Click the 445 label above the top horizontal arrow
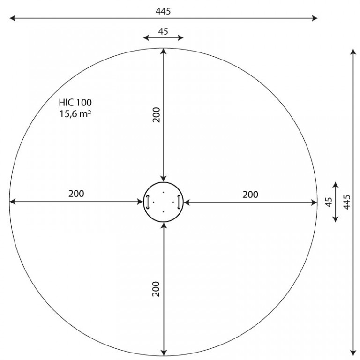[163, 11]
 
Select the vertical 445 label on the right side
[347, 202]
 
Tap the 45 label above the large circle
[163, 31]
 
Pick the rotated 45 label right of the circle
[329, 202]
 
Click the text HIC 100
[75, 102]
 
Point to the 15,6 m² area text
[75, 113]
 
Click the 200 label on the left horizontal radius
[76, 194]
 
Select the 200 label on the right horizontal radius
[250, 195]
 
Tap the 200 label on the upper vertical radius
[157, 115]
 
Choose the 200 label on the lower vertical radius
[156, 289]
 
